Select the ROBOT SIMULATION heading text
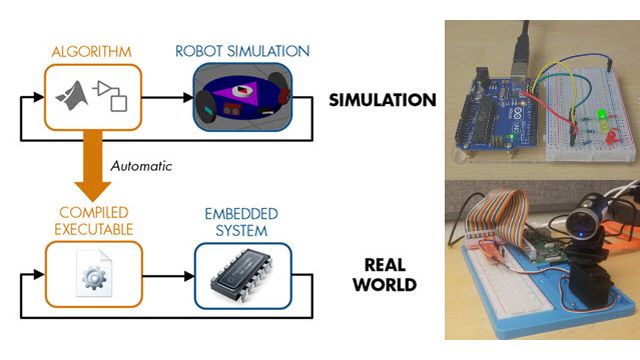(242, 51)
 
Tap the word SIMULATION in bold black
(382, 100)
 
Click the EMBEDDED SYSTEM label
(243, 222)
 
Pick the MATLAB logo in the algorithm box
(72, 99)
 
